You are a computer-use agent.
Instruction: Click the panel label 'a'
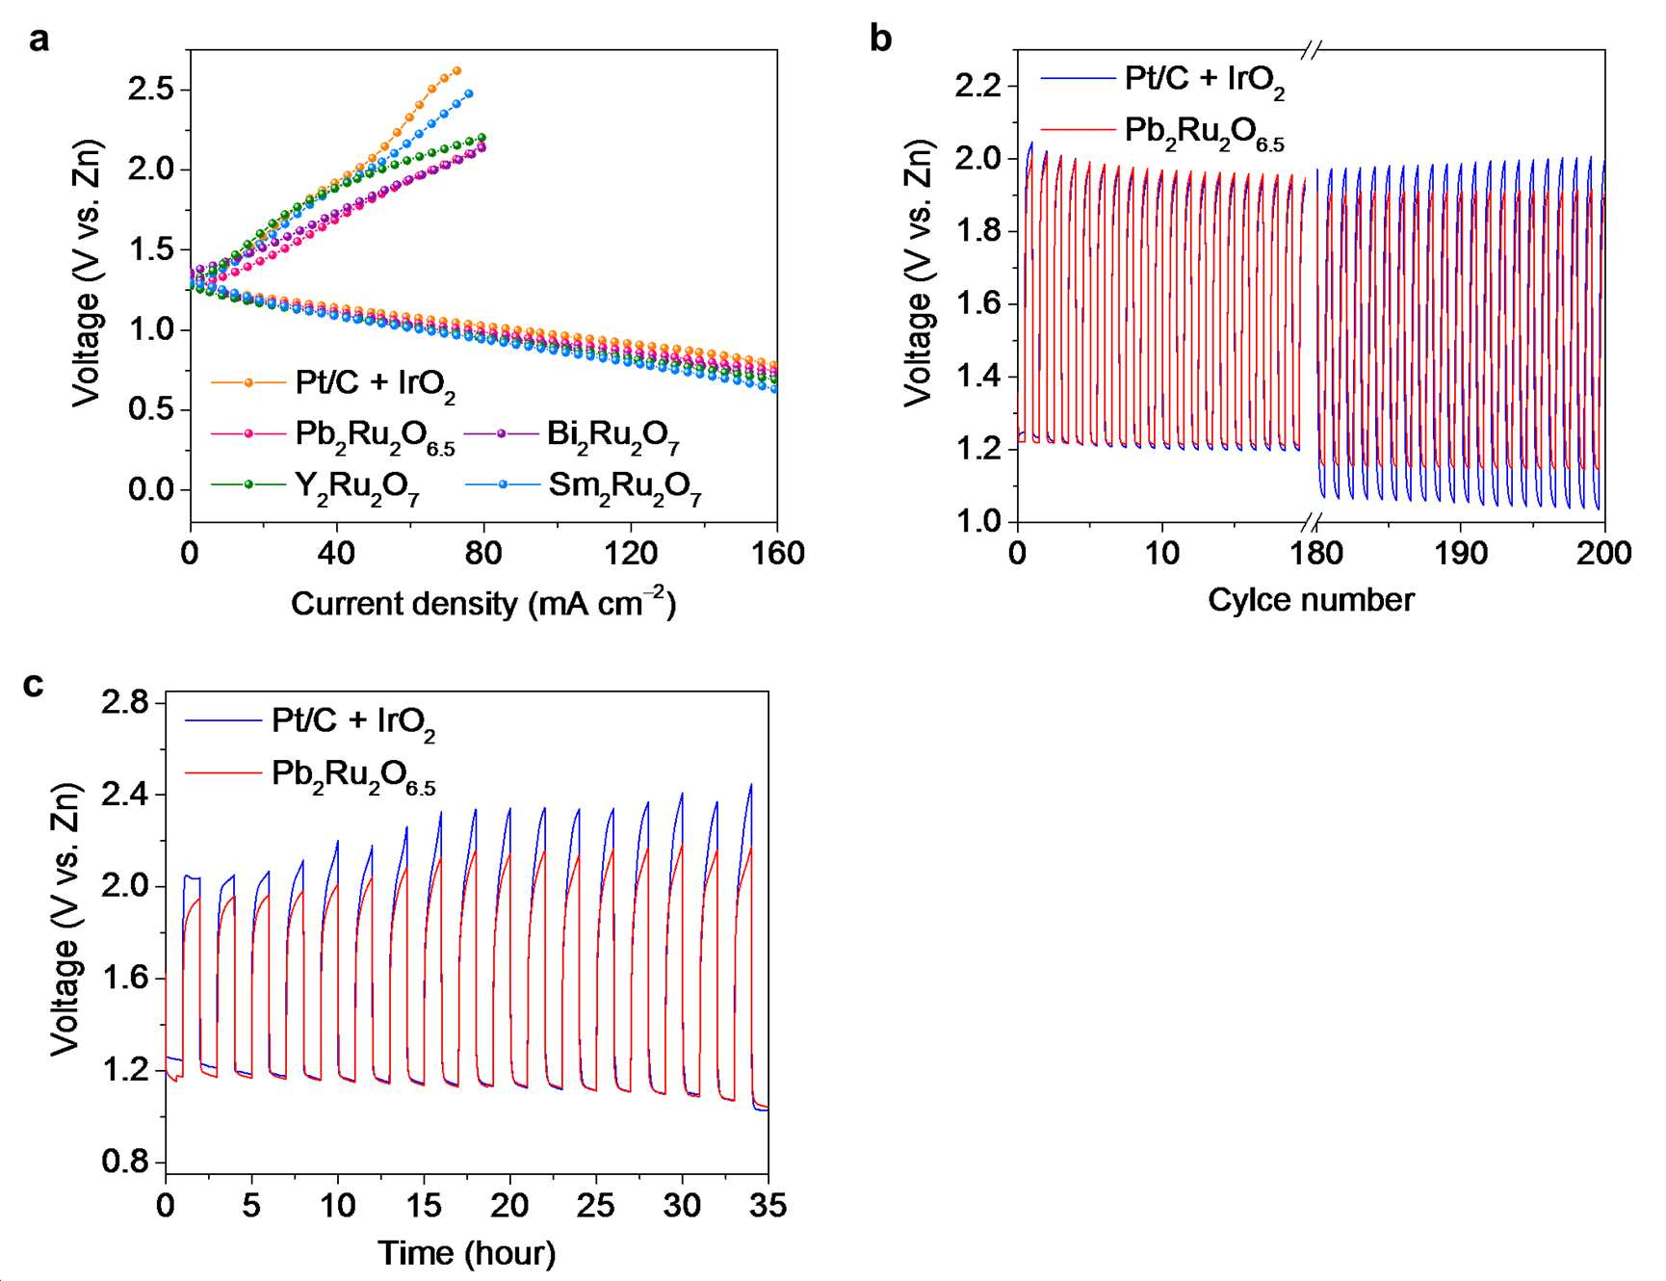click(x=39, y=40)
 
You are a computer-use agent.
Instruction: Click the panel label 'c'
click(x=34, y=685)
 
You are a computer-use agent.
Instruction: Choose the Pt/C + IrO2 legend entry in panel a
click(x=333, y=384)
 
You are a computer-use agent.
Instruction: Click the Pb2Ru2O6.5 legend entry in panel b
click(x=1162, y=132)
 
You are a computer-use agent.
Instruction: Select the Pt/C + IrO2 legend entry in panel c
click(x=310, y=722)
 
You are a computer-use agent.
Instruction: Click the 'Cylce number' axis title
click(x=1311, y=600)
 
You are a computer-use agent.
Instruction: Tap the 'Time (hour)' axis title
click(x=466, y=1253)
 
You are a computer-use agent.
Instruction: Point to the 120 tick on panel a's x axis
click(x=631, y=553)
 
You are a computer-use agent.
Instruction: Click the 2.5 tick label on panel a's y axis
click(x=151, y=89)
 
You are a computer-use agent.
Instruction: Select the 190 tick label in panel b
click(x=1461, y=553)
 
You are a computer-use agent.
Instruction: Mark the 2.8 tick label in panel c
click(x=126, y=702)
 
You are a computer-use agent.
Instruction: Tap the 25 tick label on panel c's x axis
click(x=596, y=1205)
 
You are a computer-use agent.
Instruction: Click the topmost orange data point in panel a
click(x=457, y=70)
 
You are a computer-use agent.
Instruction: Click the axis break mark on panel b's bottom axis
click(x=1311, y=522)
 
